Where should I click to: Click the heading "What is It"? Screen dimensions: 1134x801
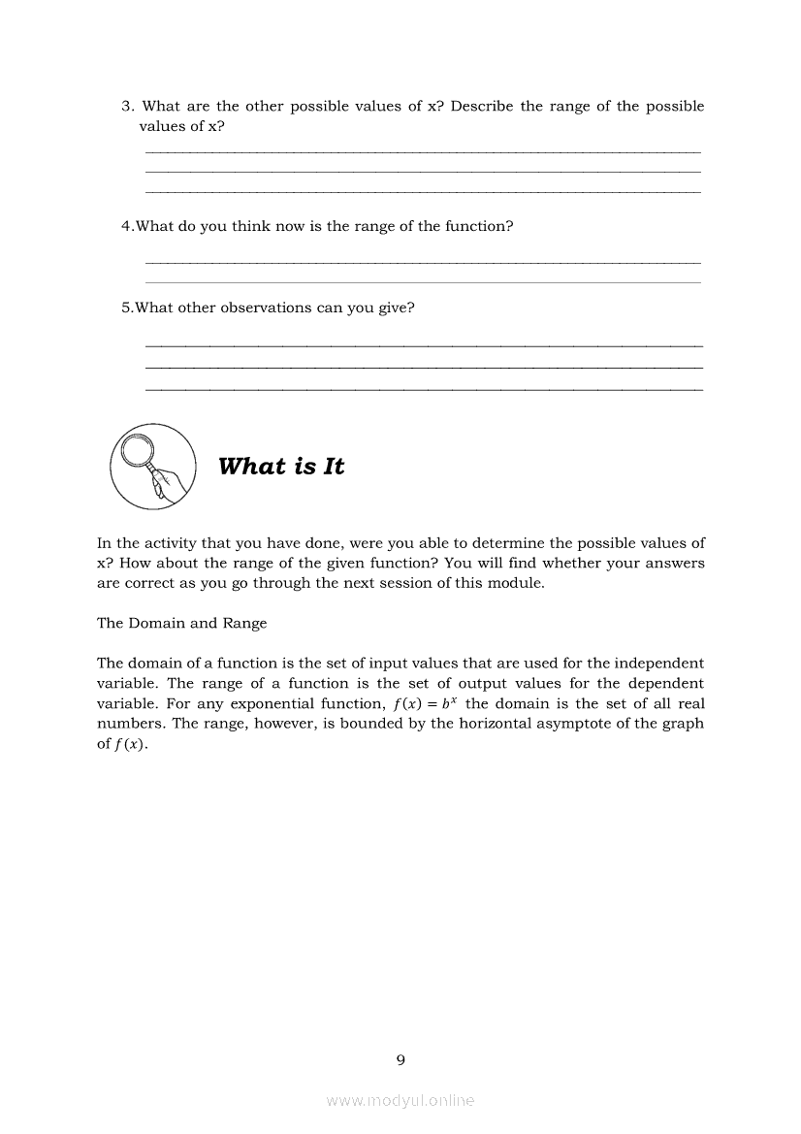(x=281, y=467)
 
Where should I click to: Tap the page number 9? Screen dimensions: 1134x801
(x=400, y=1059)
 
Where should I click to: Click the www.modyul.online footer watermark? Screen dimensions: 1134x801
(x=400, y=1100)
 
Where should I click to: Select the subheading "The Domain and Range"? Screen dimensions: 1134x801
(x=181, y=623)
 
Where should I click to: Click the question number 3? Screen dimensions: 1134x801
(x=126, y=106)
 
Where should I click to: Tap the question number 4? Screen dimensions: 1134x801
(x=126, y=226)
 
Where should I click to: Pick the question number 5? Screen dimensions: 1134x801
(x=126, y=308)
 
